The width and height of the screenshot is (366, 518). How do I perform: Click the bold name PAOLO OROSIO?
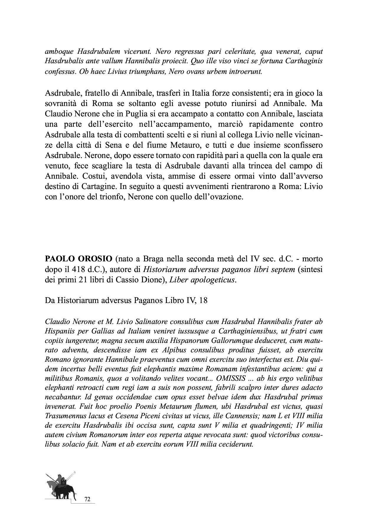(78, 259)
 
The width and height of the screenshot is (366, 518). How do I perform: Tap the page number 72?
(87, 499)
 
